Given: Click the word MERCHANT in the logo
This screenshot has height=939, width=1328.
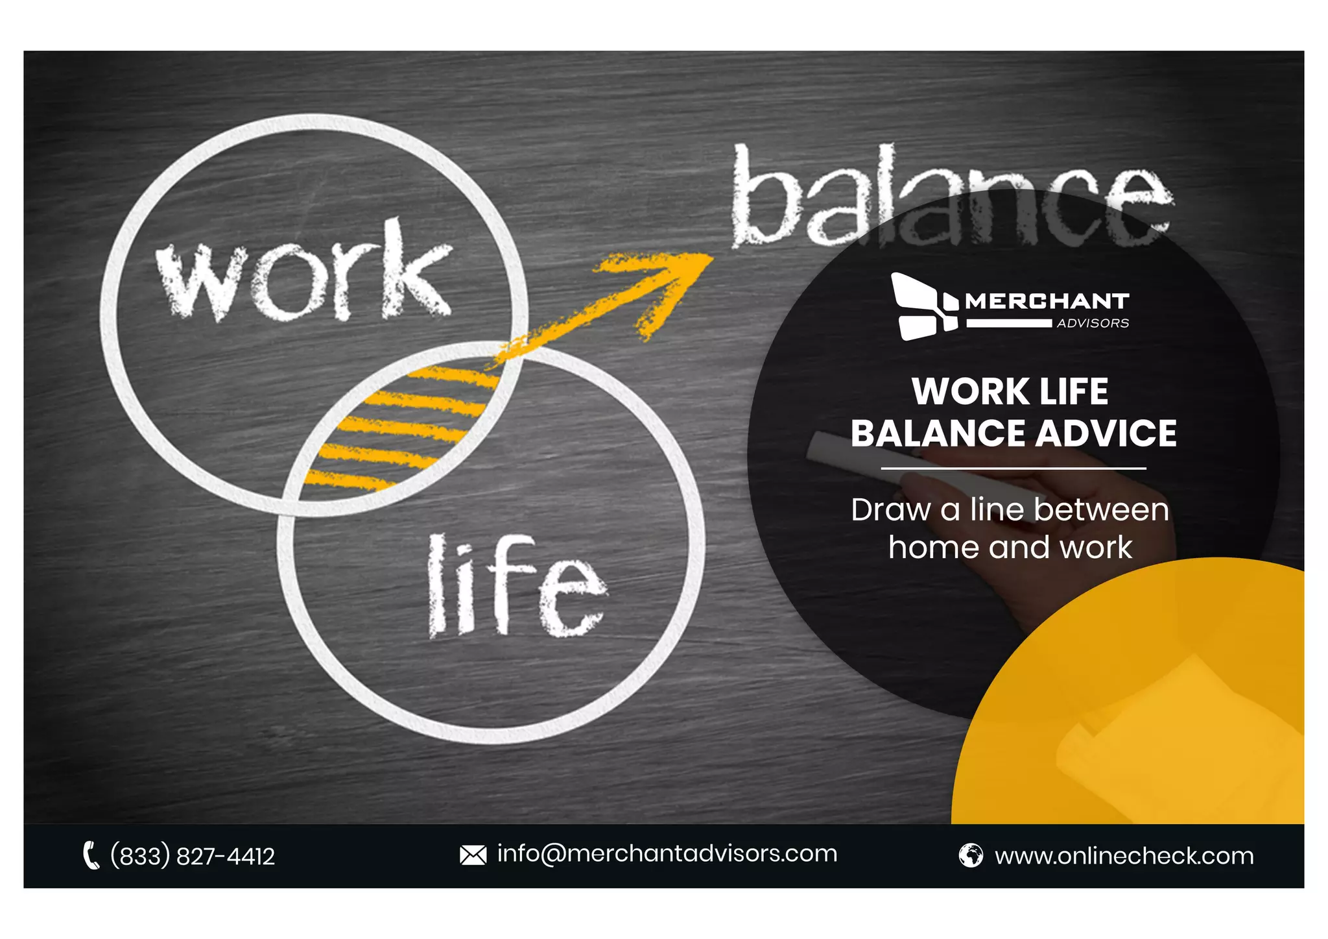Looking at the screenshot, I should click(x=1047, y=301).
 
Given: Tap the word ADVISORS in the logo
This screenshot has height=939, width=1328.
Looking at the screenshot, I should click(x=1093, y=323).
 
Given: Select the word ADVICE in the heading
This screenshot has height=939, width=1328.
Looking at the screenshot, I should click(x=1106, y=433).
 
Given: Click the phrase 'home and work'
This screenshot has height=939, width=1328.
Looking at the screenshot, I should click(x=1010, y=548).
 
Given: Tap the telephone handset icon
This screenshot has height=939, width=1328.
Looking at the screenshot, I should click(x=91, y=855).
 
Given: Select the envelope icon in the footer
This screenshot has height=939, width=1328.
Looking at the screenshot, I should click(x=473, y=855).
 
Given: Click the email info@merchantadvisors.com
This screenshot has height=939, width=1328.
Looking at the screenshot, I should click(x=667, y=854).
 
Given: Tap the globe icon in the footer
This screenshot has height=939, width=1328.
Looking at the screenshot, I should click(x=970, y=855).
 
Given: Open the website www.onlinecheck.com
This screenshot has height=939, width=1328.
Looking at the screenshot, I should click(x=1124, y=857).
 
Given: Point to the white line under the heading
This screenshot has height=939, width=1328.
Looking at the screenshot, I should click(x=1013, y=468).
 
